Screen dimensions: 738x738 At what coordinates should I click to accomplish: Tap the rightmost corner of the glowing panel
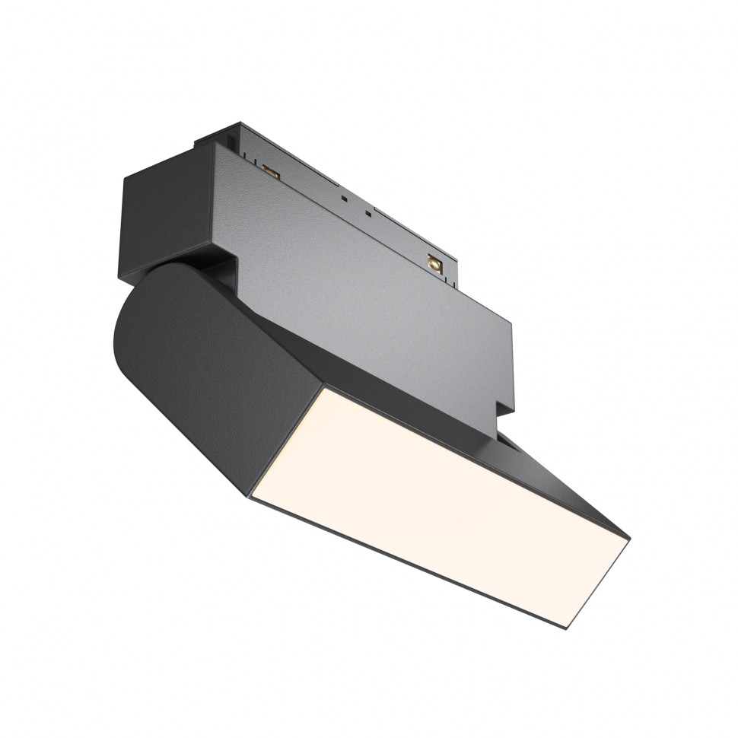(x=629, y=539)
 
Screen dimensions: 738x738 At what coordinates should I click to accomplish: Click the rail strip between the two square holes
(x=358, y=208)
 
